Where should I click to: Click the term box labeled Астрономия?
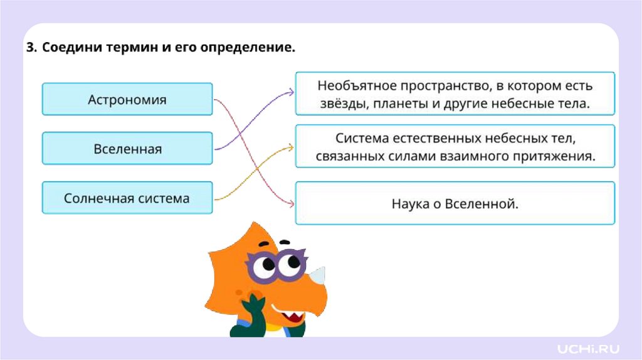[127, 99]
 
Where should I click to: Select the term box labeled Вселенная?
[127, 149]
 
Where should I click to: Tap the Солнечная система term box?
[127, 198]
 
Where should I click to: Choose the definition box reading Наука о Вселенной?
[455, 203]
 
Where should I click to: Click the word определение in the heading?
[247, 48]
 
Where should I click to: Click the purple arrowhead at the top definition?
[291, 92]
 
